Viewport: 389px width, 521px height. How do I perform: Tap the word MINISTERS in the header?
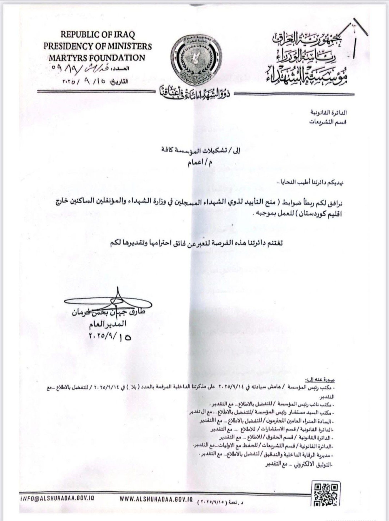(124, 46)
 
